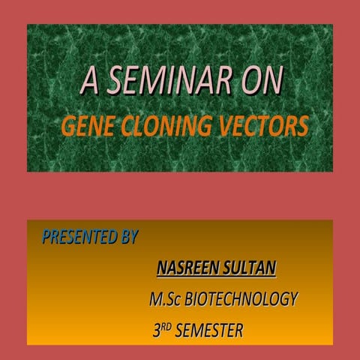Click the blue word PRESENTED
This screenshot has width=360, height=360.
[x=79, y=238]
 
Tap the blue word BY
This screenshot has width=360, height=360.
[x=129, y=238]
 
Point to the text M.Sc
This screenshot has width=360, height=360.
[x=166, y=299]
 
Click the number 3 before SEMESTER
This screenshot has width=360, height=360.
[x=156, y=331]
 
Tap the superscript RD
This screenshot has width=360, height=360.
[x=166, y=326]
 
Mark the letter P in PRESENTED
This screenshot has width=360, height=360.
[x=46, y=238]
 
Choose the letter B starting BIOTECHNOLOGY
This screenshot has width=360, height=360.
[x=189, y=299]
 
